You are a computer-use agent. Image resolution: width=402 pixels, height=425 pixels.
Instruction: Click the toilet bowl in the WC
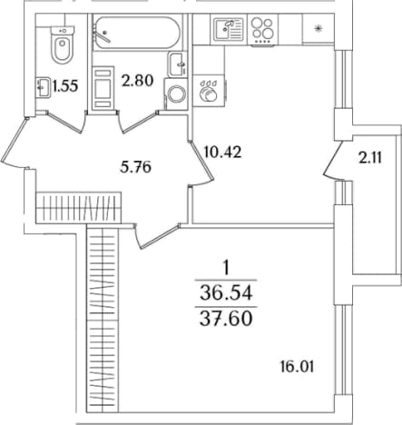[63, 44]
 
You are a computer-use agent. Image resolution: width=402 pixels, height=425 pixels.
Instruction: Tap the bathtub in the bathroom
[137, 33]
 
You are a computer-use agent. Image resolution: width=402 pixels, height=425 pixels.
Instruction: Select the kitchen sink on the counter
[229, 29]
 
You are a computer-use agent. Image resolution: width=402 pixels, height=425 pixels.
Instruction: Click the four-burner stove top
[262, 30]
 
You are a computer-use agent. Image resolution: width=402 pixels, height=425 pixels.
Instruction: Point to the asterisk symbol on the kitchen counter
[318, 29]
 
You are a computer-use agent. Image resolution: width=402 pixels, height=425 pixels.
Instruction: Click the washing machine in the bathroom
[176, 94]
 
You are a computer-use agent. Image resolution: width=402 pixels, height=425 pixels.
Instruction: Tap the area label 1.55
[65, 86]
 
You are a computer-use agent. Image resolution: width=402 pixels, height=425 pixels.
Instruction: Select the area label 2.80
[138, 81]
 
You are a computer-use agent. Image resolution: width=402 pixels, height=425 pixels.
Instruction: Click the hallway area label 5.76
[135, 167]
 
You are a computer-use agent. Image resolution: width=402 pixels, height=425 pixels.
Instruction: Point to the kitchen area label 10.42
[223, 152]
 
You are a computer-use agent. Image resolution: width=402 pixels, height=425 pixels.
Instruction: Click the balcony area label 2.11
[370, 158]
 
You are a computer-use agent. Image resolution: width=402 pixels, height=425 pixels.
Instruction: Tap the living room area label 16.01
[297, 367]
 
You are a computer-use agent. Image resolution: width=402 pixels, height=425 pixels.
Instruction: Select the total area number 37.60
[226, 319]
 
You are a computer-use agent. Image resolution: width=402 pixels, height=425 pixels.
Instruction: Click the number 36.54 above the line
[226, 293]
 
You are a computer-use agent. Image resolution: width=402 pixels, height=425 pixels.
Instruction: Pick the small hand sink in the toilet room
[43, 87]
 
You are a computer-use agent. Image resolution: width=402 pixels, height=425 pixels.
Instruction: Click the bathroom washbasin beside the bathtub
[177, 64]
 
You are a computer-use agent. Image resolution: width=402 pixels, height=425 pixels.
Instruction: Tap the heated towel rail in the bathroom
[103, 88]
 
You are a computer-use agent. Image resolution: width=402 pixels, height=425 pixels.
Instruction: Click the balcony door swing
[333, 161]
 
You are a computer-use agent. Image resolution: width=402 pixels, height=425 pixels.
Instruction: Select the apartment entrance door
[15, 142]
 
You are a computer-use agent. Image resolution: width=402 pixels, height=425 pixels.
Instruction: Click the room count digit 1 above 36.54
[226, 268]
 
